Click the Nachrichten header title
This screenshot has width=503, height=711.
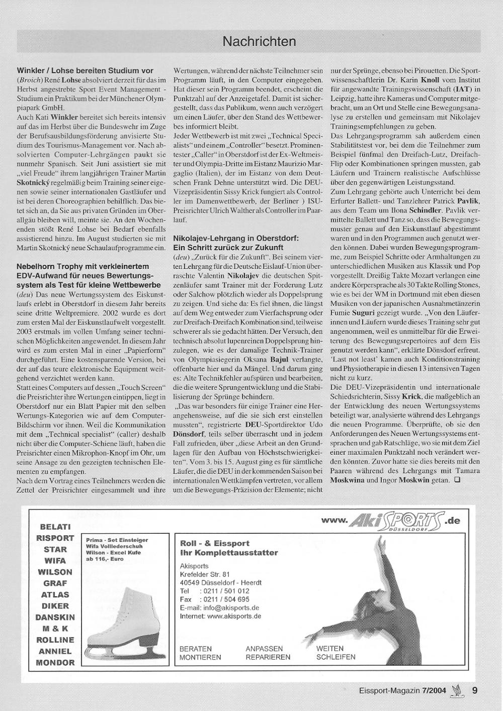pyautogui.click(x=259, y=41)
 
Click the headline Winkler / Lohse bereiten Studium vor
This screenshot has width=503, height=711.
pyautogui.click(x=85, y=70)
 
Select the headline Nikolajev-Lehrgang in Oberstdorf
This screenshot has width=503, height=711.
pyautogui.click(x=236, y=237)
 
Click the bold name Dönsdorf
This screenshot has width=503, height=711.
pyautogui.click(x=188, y=434)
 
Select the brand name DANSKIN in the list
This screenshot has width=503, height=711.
pyautogui.click(x=55, y=617)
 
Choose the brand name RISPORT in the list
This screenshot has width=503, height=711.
pyautogui.click(x=55, y=538)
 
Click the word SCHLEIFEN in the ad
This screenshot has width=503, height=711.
pyautogui.click(x=336, y=657)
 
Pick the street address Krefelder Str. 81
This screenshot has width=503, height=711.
pyautogui.click(x=205, y=574)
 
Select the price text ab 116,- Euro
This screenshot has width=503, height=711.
pyautogui.click(x=105, y=559)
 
